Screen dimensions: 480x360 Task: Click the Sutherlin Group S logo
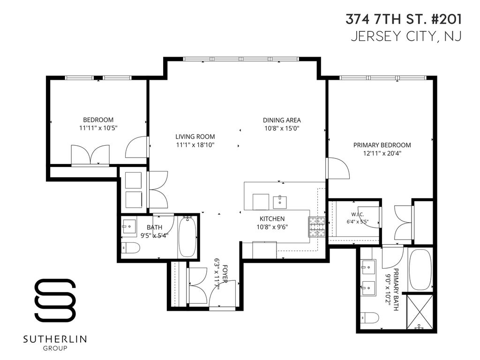(x=55, y=300)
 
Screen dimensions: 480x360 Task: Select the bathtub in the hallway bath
(x=187, y=237)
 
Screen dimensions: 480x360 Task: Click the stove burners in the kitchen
(x=316, y=226)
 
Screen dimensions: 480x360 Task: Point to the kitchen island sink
(x=279, y=202)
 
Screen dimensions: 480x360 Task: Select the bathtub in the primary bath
(x=420, y=270)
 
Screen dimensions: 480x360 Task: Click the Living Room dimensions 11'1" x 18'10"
(x=195, y=145)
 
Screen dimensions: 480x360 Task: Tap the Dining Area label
(x=282, y=120)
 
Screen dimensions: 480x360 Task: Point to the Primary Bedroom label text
(x=382, y=145)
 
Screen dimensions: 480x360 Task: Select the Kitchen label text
(x=272, y=219)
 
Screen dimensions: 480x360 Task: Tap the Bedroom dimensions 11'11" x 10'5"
(x=98, y=128)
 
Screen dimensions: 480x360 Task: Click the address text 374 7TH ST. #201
(x=404, y=19)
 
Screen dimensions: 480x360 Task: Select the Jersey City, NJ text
(x=406, y=36)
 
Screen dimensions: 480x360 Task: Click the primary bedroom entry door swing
(x=338, y=168)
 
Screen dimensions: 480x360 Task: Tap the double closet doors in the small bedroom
(x=90, y=155)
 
